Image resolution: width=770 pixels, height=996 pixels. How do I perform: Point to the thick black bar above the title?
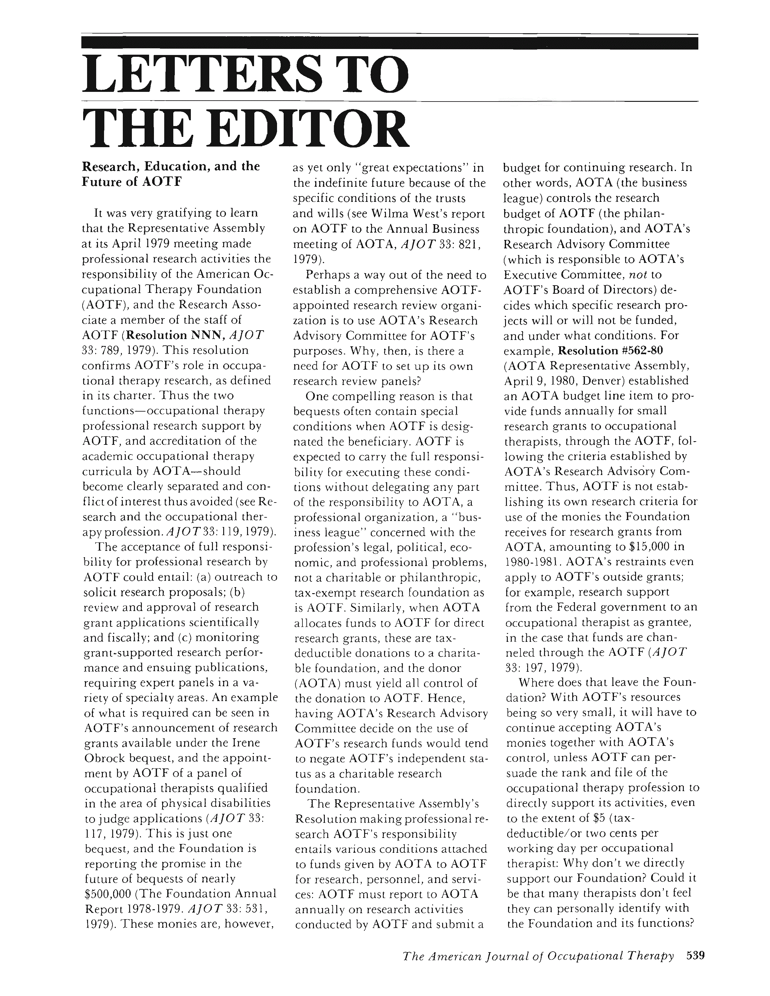click(x=389, y=43)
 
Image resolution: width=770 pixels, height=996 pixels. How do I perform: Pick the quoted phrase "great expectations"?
click(x=406, y=167)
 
